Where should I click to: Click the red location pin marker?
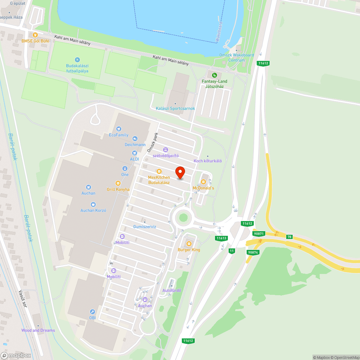point(180,172)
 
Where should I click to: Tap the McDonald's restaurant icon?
point(203,182)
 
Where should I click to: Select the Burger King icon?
point(189,244)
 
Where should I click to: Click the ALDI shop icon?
point(134,153)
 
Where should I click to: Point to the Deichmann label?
point(135,144)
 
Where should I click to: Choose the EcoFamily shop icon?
point(119,129)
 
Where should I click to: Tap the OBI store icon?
point(93,312)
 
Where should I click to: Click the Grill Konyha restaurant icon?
point(118,183)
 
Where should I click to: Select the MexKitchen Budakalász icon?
point(159,171)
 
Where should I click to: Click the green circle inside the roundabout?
point(184,217)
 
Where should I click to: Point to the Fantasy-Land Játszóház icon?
point(214,75)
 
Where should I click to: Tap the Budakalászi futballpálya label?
point(77,68)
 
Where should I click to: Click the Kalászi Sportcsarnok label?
point(175,108)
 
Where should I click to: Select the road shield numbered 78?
point(289,237)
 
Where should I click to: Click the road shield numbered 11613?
point(221,238)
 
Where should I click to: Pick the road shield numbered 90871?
point(259,234)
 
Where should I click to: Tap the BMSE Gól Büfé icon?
point(35,35)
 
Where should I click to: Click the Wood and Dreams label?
point(38,330)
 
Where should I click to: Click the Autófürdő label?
point(172,291)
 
